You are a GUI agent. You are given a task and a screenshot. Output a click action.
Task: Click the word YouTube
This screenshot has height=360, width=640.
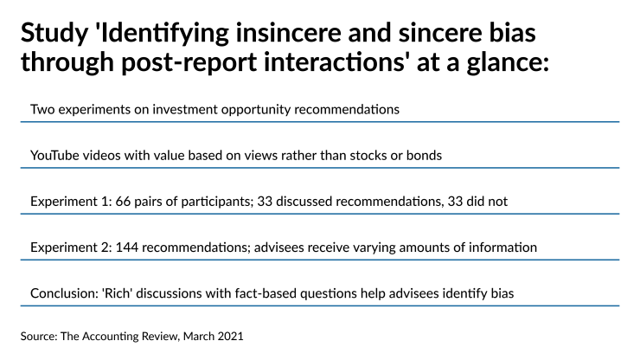[x=57, y=156]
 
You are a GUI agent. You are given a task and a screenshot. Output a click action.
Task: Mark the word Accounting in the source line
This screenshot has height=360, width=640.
[x=119, y=333]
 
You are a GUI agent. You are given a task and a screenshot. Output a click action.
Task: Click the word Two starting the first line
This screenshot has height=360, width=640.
[x=42, y=110]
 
